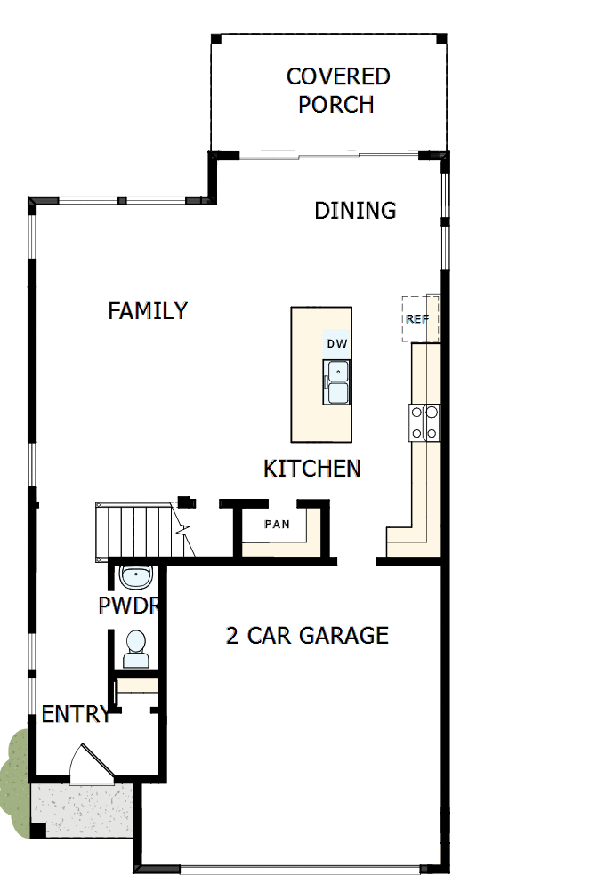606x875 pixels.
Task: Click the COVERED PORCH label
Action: (x=337, y=90)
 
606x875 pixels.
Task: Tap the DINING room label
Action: (x=355, y=211)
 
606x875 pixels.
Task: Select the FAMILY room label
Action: (x=148, y=311)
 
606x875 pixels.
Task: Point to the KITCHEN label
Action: (x=312, y=468)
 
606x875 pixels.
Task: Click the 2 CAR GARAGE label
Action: (x=307, y=635)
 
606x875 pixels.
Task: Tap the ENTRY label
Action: (x=76, y=713)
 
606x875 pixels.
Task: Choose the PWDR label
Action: (x=128, y=606)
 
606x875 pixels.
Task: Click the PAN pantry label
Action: (x=278, y=524)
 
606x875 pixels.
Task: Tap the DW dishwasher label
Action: (x=336, y=343)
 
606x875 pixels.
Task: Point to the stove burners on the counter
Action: (x=424, y=422)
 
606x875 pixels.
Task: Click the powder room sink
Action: (x=135, y=577)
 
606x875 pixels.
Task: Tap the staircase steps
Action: (x=133, y=530)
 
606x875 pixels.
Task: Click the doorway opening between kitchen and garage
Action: (x=357, y=561)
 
